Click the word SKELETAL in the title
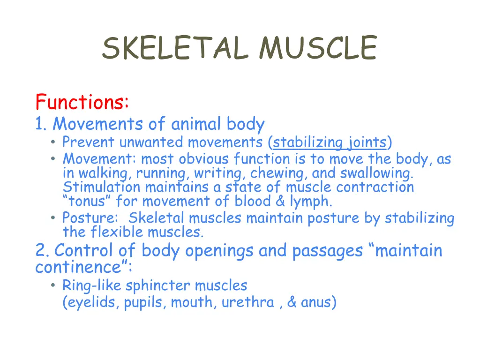tap(175, 48)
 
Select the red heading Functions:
tap(82, 102)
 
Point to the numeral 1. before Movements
tap(41, 124)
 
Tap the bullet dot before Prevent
tap(55, 142)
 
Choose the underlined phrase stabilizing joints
tap(330, 142)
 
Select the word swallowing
tap(377, 173)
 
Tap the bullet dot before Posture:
tap(55, 218)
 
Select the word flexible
tap(117, 232)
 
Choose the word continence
tap(78, 268)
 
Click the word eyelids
tap(93, 302)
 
